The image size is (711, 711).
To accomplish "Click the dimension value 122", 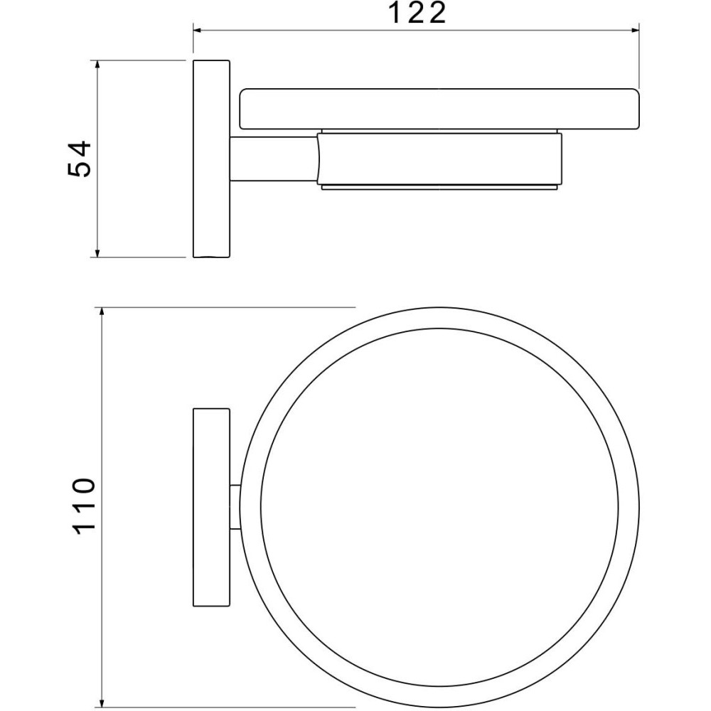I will [417, 13].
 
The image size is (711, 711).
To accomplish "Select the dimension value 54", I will [80, 159].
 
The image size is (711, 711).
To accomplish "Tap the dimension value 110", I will [83, 506].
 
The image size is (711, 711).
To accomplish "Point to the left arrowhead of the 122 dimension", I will [199, 30].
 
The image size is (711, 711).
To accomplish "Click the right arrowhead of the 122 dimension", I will [635, 30].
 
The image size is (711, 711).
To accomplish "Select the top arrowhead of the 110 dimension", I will [103, 313].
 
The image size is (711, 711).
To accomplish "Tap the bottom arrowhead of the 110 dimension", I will [103, 701].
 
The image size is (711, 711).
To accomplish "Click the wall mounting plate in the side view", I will [211, 159].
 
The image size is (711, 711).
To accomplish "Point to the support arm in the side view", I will [273, 161].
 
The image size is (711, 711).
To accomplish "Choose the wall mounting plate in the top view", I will [211, 508].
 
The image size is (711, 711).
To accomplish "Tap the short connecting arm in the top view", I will [235, 508].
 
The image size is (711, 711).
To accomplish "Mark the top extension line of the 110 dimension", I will [228, 308].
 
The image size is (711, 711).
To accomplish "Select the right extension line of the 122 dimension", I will [640, 57].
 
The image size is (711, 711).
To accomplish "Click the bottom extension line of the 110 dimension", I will [228, 706].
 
